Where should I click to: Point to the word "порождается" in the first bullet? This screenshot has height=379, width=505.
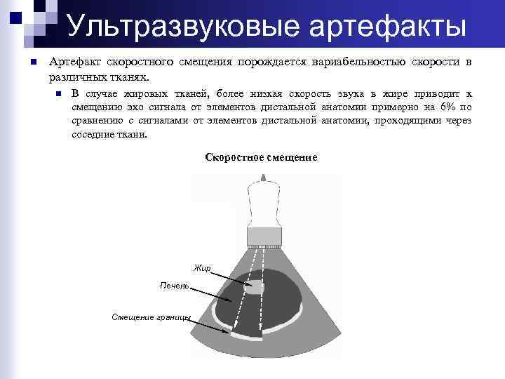click(x=267, y=62)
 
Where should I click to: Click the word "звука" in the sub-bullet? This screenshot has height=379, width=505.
click(x=349, y=93)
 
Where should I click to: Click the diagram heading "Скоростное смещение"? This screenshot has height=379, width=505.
click(x=261, y=157)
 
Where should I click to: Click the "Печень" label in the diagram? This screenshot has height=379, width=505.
click(x=174, y=286)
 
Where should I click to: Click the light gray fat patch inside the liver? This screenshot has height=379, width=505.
click(x=252, y=287)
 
